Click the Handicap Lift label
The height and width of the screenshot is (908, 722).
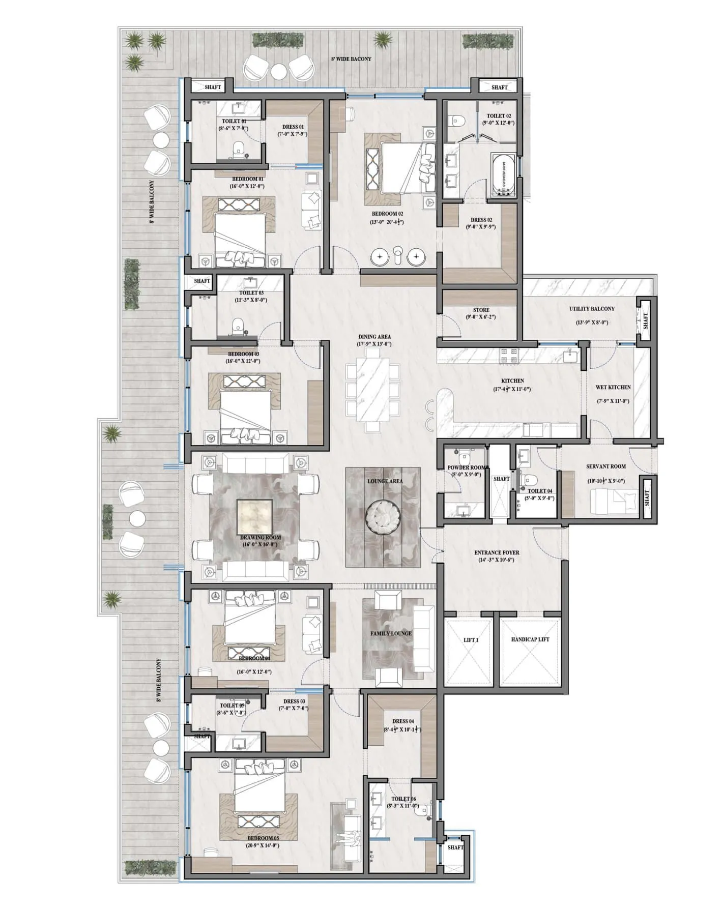(530, 639)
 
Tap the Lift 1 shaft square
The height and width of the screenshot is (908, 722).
(469, 652)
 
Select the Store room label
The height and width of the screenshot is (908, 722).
(481, 310)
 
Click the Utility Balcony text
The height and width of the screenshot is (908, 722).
(591, 309)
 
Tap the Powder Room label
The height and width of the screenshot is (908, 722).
(467, 467)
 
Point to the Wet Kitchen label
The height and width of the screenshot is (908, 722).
(613, 388)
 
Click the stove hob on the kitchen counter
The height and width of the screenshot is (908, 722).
(510, 356)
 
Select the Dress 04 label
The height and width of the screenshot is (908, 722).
(403, 721)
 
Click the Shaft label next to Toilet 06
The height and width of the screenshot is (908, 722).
(455, 847)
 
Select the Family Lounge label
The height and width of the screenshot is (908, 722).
(390, 633)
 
